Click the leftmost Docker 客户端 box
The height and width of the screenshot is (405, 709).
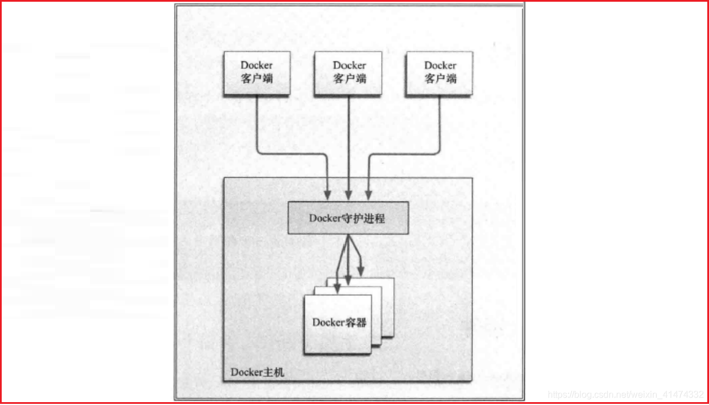257,73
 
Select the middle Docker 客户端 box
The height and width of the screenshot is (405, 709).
349,73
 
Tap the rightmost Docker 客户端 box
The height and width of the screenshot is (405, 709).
440,73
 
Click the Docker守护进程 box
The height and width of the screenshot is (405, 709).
348,218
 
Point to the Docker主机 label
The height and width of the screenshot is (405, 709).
257,372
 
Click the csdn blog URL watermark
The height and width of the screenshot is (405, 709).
625,395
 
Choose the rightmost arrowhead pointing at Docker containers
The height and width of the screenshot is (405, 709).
362,268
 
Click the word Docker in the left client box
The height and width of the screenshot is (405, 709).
257,65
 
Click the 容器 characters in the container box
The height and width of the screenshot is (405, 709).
355,322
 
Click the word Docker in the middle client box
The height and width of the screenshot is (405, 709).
349,65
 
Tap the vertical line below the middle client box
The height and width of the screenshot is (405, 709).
348,138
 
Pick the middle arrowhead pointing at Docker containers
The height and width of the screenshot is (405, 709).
348,279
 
